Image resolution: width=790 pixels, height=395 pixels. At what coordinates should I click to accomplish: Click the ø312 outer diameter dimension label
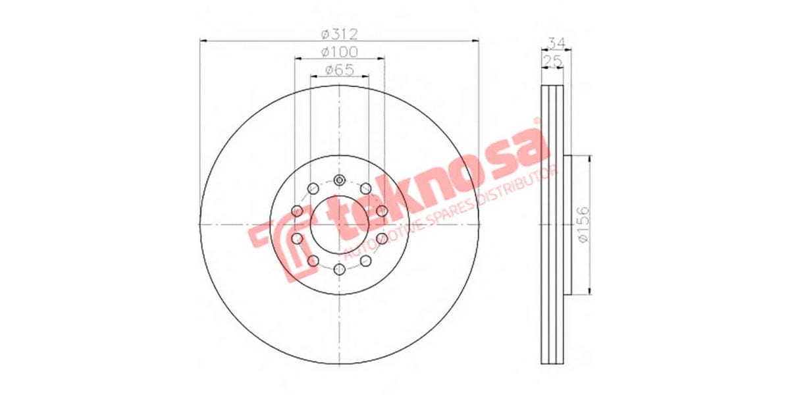point(339,34)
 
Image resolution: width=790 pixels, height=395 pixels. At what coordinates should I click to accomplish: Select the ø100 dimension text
point(339,51)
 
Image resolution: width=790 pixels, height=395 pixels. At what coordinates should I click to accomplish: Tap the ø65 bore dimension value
point(339,69)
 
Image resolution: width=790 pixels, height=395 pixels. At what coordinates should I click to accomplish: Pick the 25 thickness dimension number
point(552,61)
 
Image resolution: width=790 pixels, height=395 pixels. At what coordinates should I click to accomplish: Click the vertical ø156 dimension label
point(583,225)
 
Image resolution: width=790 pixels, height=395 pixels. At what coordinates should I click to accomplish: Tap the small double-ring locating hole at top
point(340,180)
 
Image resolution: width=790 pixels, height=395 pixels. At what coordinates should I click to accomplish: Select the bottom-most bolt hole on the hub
point(340,269)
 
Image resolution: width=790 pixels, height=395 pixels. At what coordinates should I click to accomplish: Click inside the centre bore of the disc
point(340,224)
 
